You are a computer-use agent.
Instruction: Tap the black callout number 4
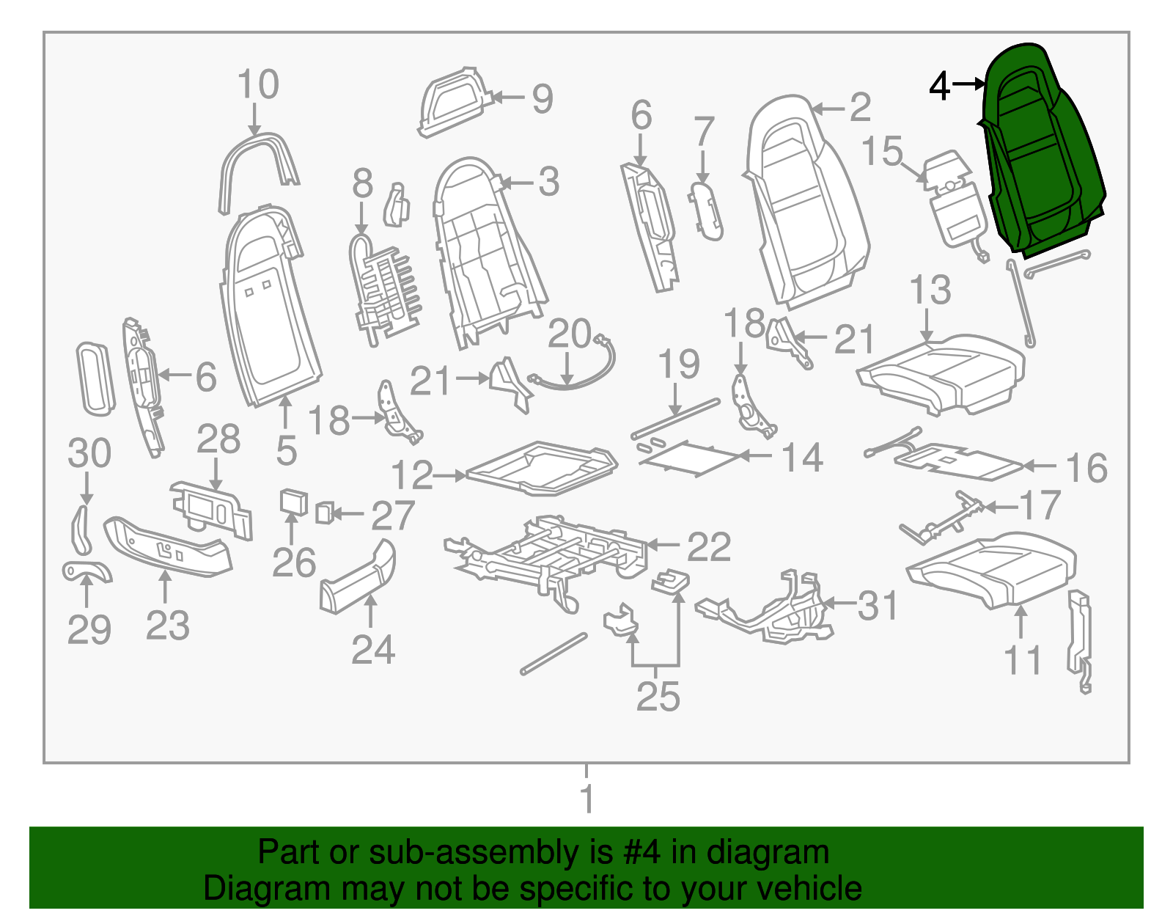(939, 87)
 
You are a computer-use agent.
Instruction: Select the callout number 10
(258, 84)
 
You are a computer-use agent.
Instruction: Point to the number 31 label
(877, 606)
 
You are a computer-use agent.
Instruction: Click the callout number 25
(658, 695)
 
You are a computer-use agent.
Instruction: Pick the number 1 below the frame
(586, 798)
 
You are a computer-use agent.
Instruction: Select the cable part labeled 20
(579, 367)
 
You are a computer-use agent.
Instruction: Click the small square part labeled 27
(324, 513)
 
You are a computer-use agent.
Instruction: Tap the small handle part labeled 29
(87, 570)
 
